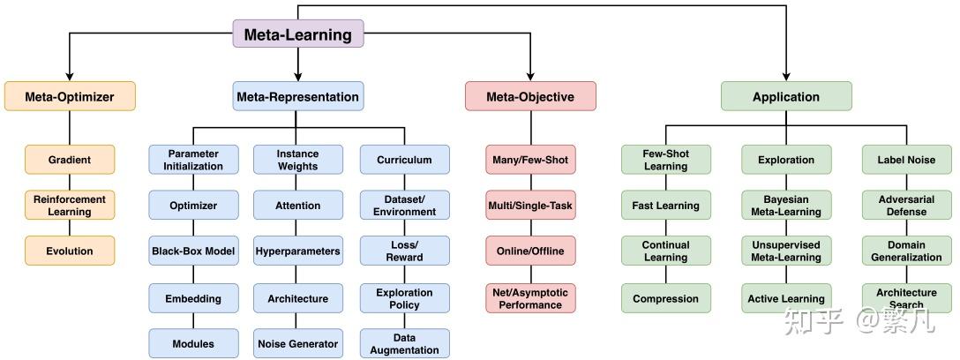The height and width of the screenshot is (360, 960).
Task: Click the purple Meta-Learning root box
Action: [298, 34]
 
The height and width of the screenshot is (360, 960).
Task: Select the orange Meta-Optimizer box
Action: [70, 97]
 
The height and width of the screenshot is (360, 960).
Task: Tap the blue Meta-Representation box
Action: [298, 97]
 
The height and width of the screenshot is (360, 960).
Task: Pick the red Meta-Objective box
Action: [530, 97]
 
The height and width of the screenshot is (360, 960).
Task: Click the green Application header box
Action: [786, 97]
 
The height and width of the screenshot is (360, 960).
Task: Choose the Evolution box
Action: [70, 251]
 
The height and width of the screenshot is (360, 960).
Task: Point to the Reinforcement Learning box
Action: [70, 205]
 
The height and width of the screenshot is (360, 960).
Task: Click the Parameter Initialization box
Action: [193, 160]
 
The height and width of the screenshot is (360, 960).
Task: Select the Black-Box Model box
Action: [193, 251]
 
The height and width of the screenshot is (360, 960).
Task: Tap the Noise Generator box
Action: [298, 343]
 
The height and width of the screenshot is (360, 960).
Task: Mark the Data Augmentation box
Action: [405, 343]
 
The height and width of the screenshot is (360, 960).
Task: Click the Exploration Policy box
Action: [405, 298]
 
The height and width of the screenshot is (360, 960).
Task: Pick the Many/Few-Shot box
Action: [531, 160]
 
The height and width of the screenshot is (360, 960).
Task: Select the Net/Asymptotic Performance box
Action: [531, 298]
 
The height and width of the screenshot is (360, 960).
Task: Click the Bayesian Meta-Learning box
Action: [787, 205]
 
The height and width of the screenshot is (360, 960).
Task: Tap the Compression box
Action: [666, 298]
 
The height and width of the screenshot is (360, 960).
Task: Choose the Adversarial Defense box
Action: [907, 205]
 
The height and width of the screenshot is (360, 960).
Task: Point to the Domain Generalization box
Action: [907, 251]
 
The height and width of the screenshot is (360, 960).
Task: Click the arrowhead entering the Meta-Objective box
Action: [530, 77]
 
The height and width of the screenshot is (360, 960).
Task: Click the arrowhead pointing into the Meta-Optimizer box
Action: [70, 77]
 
